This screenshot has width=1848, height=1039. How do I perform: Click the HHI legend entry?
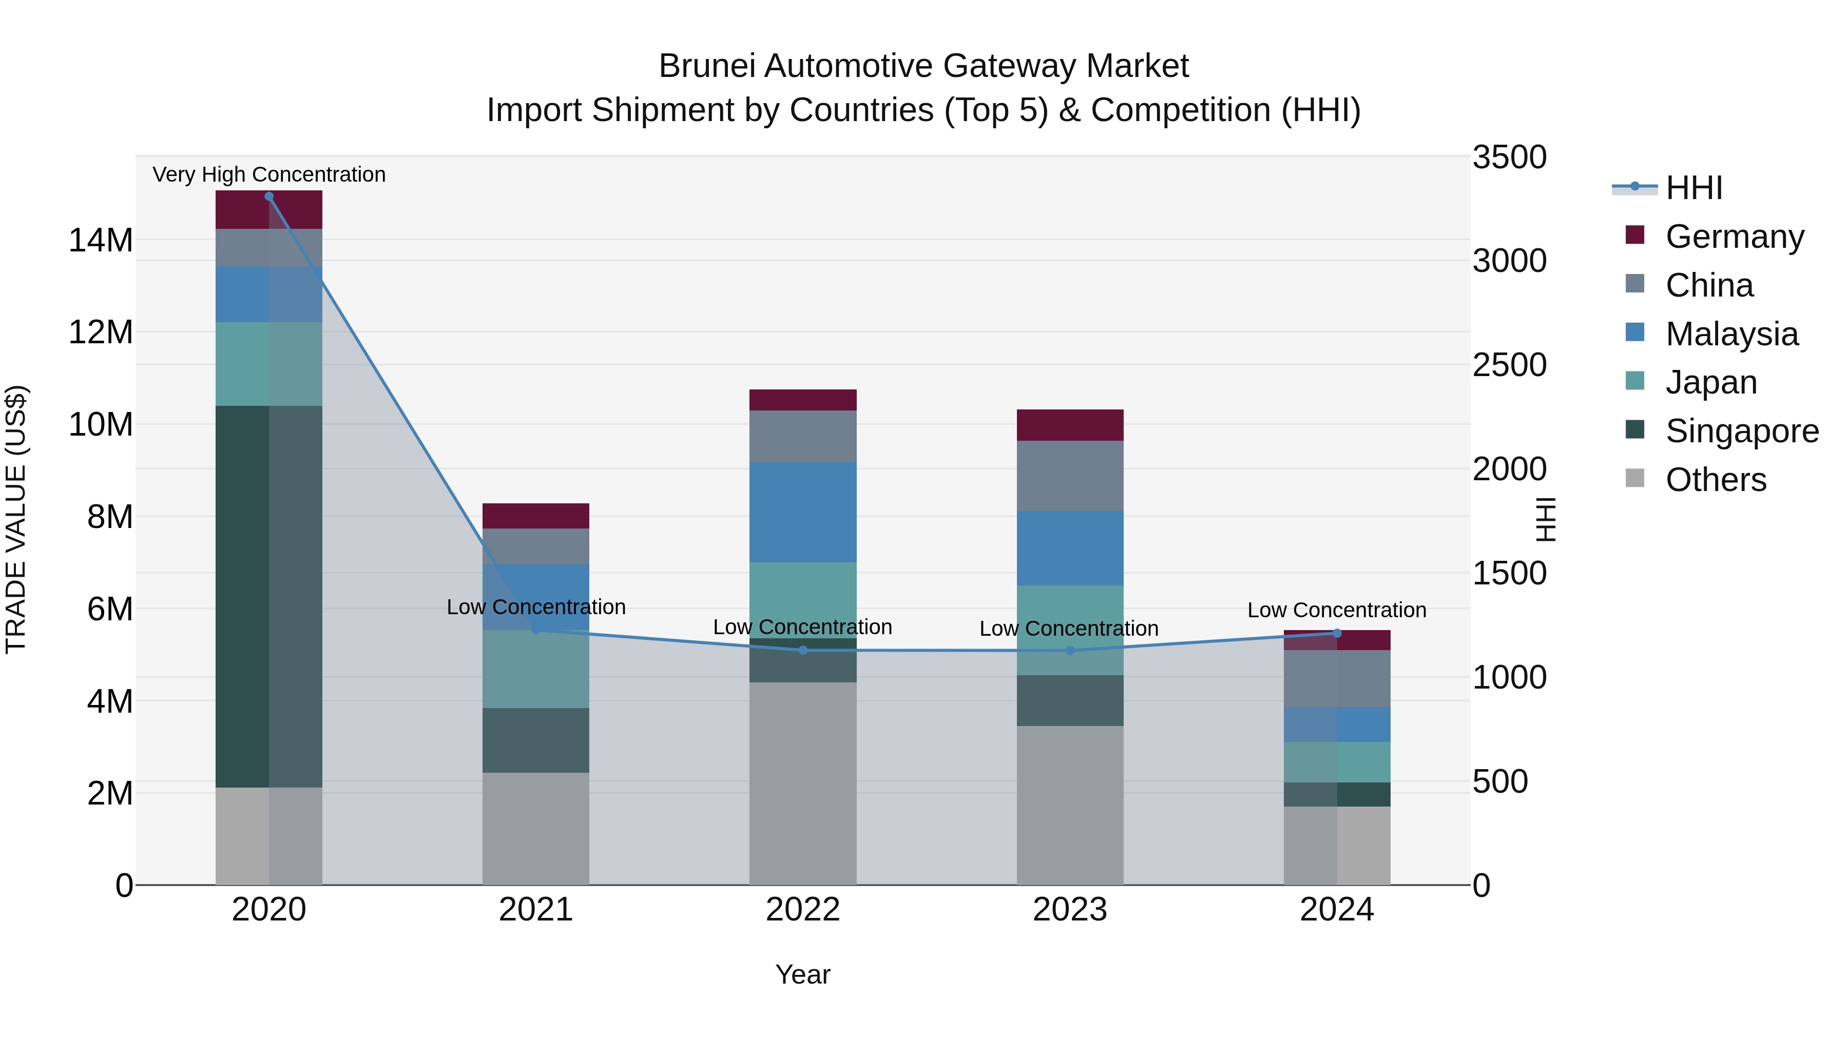[x=1693, y=188]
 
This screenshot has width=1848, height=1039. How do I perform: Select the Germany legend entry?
[x=1734, y=237]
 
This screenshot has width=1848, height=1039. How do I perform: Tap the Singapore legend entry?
[x=1741, y=431]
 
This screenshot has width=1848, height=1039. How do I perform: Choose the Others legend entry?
[x=1715, y=480]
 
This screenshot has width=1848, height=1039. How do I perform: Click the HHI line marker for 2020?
[x=269, y=197]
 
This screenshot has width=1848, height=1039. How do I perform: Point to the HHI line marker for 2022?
[x=803, y=651]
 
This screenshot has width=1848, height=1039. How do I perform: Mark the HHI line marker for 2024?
[x=1337, y=633]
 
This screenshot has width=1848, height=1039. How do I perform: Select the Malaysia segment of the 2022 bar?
[x=803, y=512]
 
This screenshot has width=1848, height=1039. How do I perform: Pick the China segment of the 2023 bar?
[x=1070, y=476]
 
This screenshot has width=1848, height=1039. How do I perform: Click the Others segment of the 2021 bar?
[x=536, y=828]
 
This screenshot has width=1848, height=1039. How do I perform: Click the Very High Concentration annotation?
[x=269, y=175]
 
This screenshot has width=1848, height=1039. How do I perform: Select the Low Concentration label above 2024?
[x=1337, y=610]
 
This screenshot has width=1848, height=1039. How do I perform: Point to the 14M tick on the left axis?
[x=101, y=240]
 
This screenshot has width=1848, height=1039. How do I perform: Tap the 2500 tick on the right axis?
[x=1509, y=365]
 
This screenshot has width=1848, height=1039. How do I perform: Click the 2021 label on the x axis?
[x=536, y=910]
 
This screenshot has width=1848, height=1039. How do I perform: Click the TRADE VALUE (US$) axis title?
[x=16, y=519]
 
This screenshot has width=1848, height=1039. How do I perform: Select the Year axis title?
[x=803, y=974]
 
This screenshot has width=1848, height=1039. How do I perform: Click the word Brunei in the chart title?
[x=707, y=66]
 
